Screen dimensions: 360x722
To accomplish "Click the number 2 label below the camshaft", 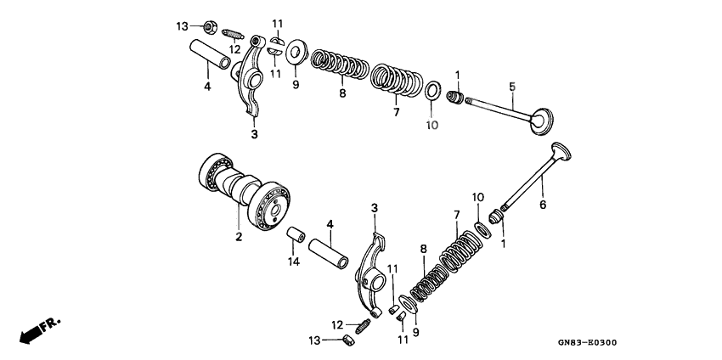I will point(238,237).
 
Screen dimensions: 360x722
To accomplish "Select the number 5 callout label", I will point(512,86).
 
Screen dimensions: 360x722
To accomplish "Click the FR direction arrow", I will point(34,329).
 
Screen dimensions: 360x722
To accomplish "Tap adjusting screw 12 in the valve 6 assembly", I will point(363,324).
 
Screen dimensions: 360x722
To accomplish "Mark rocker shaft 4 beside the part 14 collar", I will point(330,255).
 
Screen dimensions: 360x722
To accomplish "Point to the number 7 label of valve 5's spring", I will point(395,111).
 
